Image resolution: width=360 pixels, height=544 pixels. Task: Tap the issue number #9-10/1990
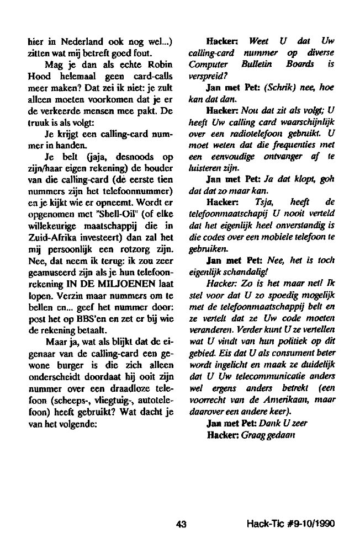coord(310,524)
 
